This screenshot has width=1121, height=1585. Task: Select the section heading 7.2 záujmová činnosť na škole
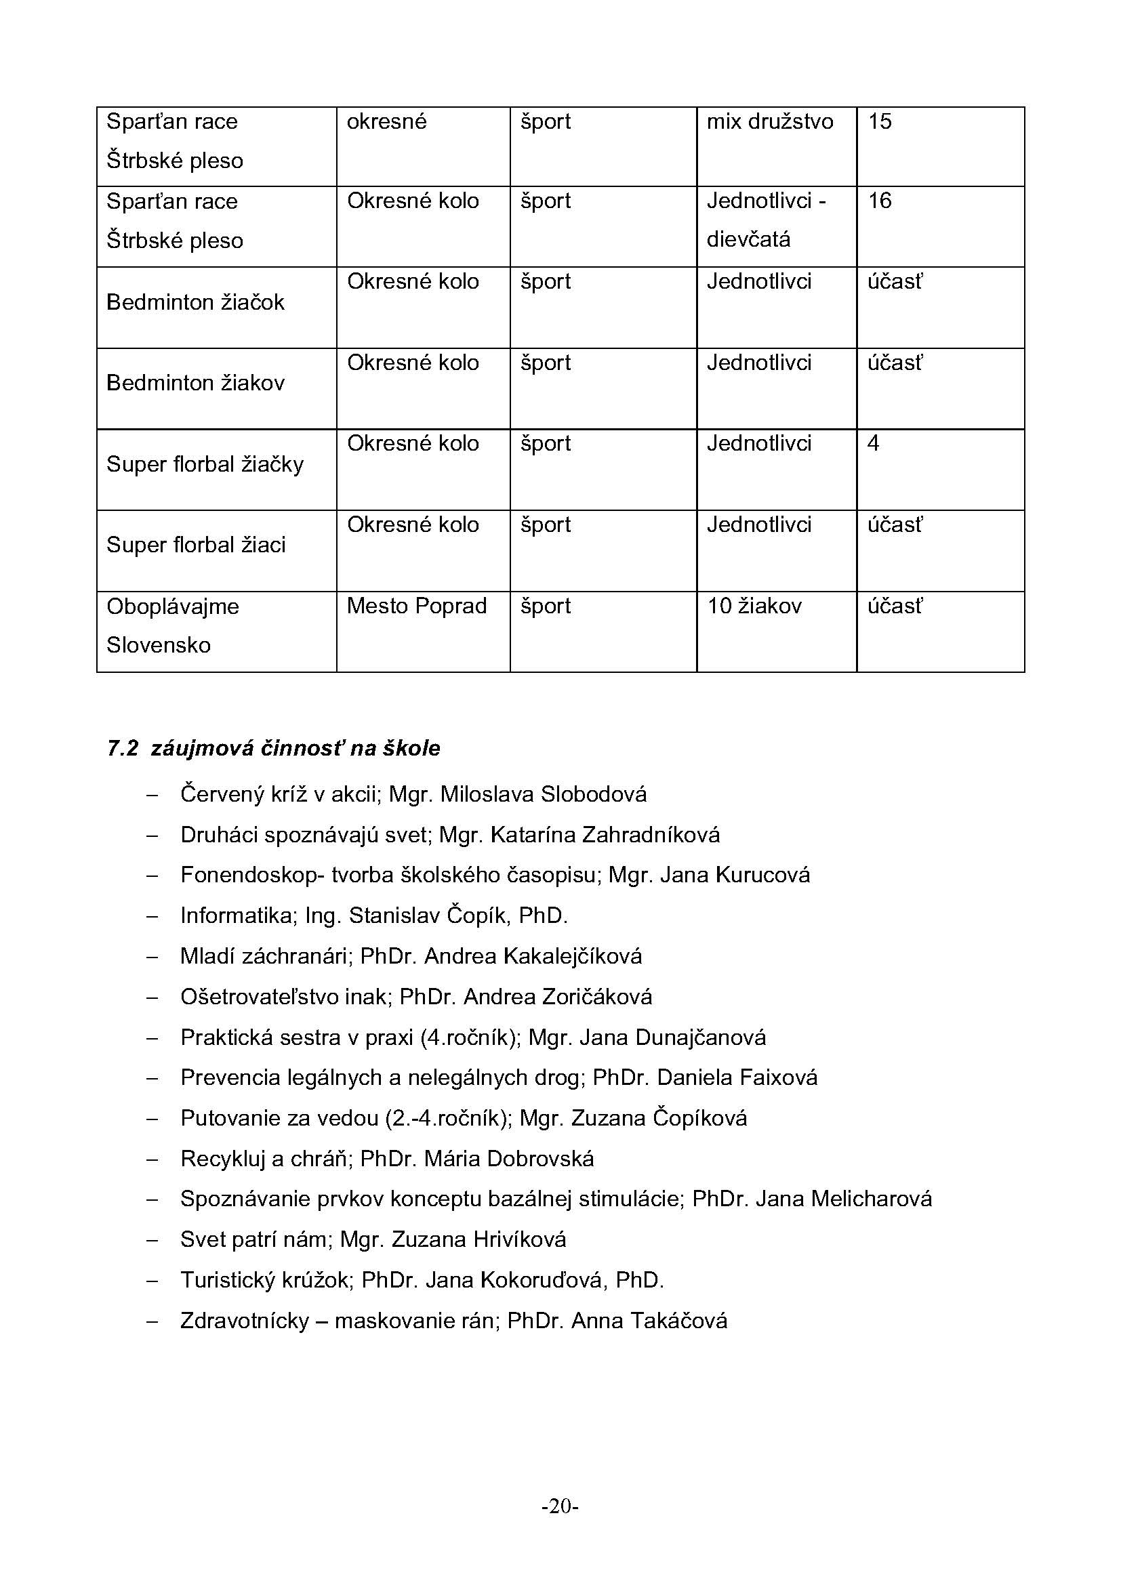click(273, 748)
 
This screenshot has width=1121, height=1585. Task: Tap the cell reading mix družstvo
click(770, 121)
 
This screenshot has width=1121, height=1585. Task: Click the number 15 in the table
click(880, 121)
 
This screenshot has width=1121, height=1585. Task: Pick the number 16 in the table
click(880, 201)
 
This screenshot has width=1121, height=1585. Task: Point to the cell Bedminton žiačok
click(195, 302)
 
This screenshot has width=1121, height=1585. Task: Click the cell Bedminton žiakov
click(195, 383)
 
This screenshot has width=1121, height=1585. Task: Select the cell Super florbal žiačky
click(205, 464)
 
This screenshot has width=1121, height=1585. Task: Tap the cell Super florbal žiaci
click(196, 545)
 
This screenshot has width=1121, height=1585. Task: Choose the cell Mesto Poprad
click(416, 606)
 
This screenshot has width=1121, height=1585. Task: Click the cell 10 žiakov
click(754, 606)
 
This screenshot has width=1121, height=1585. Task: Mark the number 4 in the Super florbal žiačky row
click(873, 443)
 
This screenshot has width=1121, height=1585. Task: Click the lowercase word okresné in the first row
click(386, 121)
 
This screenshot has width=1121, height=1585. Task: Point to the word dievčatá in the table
click(748, 239)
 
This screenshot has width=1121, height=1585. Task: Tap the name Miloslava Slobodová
click(544, 795)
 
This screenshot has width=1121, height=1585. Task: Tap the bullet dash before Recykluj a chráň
click(152, 1159)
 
